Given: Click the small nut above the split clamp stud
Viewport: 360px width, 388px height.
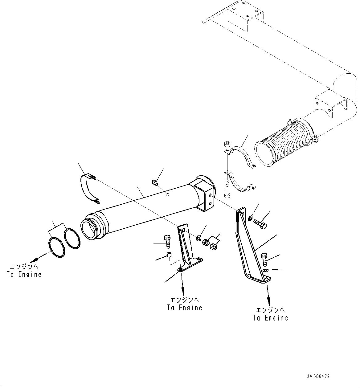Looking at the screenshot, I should tap(227, 144).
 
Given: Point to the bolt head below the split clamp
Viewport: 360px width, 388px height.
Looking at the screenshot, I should tap(227, 195).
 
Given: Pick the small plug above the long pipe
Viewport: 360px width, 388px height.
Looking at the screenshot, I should tap(155, 183).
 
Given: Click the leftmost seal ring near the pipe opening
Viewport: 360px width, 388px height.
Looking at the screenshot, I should tap(57, 247).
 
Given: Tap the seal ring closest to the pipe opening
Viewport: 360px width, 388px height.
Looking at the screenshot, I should tap(72, 238).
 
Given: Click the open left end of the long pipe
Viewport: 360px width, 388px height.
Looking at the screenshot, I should tap(90, 229).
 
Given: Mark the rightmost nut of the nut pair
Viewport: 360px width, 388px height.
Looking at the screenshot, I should tap(213, 247).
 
